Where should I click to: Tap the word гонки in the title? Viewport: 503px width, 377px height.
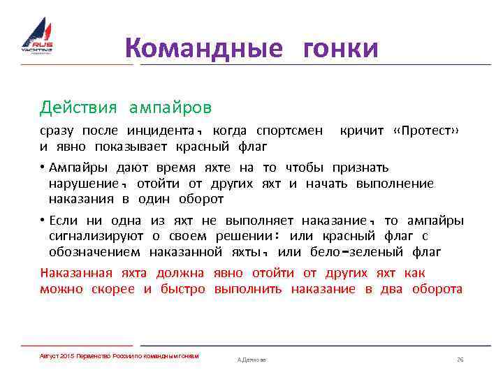pyautogui.click(x=340, y=49)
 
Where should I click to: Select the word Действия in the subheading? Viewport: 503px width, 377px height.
pyautogui.click(x=79, y=108)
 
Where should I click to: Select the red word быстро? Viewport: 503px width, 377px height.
pyautogui.click(x=184, y=289)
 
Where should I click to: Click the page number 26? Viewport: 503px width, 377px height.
pyautogui.click(x=460, y=359)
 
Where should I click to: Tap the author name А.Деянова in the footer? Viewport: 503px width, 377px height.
pyautogui.click(x=251, y=360)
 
